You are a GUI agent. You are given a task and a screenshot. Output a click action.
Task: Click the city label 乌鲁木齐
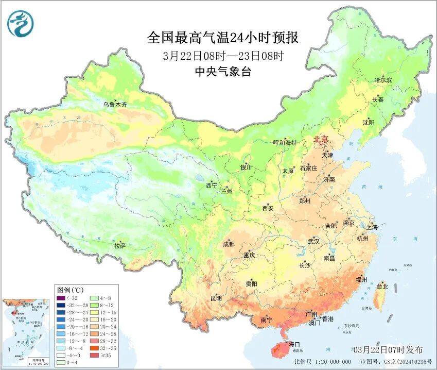[x=114, y=105]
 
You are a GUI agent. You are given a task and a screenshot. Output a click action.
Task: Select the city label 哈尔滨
[x=383, y=80]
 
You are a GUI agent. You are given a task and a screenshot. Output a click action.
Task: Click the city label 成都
[x=229, y=244]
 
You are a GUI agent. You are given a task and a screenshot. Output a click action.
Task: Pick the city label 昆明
[x=216, y=298]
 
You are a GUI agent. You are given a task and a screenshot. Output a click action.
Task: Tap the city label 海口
[x=294, y=344]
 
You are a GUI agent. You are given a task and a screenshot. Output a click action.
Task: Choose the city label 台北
[x=382, y=286]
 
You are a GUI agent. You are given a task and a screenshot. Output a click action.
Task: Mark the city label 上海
[x=372, y=227]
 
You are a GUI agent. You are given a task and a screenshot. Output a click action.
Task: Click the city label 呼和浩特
[x=285, y=142]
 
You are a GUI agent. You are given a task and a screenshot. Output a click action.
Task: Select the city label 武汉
[x=313, y=241]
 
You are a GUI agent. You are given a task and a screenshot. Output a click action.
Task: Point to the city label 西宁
[x=212, y=185]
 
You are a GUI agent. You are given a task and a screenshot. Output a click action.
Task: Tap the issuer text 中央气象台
[x=223, y=72]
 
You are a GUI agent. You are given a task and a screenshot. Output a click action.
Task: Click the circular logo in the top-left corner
[x=20, y=24]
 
